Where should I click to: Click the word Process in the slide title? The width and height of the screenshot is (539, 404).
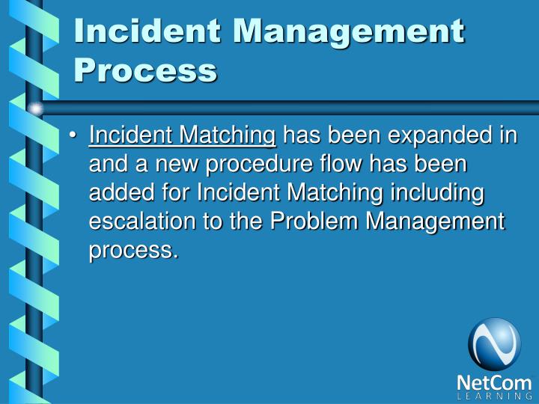click(145, 70)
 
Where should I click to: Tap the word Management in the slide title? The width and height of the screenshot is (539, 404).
click(345, 31)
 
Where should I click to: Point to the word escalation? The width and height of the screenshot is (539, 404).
click(137, 221)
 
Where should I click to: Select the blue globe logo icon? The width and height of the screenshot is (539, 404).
click(494, 343)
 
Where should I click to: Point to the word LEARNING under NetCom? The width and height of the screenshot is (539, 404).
click(494, 397)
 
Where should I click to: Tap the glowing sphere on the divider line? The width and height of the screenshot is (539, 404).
click(36, 109)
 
